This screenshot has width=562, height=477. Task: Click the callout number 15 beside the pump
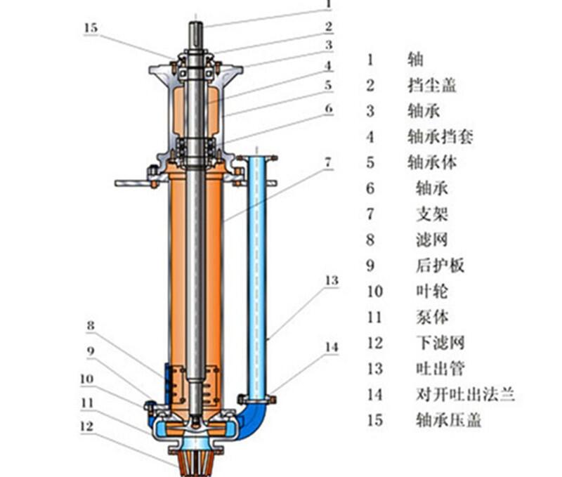click(91, 29)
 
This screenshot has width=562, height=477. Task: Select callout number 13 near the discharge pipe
click(331, 281)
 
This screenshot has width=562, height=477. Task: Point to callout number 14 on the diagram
click(332, 346)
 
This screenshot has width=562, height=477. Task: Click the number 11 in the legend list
click(374, 317)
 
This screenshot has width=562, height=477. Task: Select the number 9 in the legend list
click(371, 265)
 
